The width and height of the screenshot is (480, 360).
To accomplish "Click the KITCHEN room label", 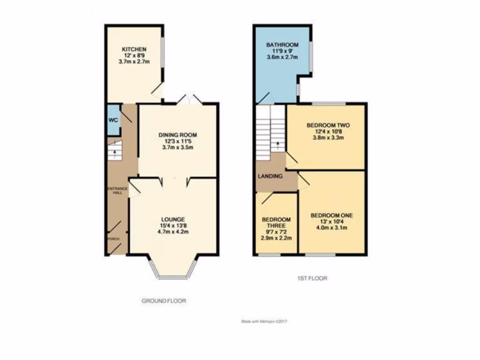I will tap(135, 49).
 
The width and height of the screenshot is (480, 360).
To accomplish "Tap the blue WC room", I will tap(113, 120).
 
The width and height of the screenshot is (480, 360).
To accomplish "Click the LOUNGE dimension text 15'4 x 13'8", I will tap(172, 225).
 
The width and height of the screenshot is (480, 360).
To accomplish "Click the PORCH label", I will tap(114, 239).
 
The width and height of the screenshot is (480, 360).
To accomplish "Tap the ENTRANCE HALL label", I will tap(115, 191).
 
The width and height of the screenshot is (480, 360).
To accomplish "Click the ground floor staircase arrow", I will tap(114, 151).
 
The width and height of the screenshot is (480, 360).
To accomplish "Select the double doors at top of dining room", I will tap(189, 99).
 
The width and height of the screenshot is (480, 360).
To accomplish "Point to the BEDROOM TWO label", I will tap(328, 126).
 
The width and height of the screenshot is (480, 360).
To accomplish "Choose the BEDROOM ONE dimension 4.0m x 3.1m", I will tap(331, 227).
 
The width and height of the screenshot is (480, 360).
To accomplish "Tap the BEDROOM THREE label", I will tap(276, 223).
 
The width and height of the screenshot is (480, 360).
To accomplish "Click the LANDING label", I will tap(270, 177).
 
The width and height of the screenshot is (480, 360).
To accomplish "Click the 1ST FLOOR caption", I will tap(312, 278).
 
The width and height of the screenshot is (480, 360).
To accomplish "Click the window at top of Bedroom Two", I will tap(329, 104).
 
